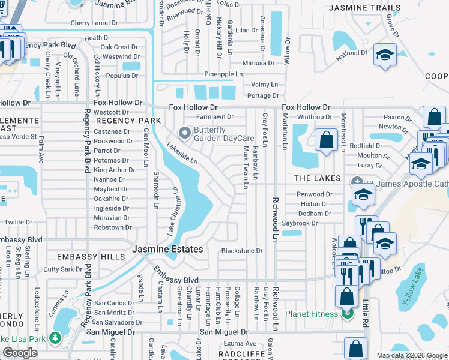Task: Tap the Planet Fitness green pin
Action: [346, 314]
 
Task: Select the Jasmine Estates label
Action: [167, 249]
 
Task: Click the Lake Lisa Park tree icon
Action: [55, 338]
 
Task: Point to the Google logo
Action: [20, 353]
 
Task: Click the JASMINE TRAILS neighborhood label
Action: [364, 8]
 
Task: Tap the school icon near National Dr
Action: [384, 55]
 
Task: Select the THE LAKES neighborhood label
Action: [318, 179]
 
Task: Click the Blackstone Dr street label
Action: [242, 251]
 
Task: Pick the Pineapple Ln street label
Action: [223, 74]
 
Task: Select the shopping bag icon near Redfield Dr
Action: [325, 140]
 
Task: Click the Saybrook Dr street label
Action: [316, 223]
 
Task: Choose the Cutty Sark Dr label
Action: [63, 269]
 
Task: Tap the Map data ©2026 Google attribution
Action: [411, 355]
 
